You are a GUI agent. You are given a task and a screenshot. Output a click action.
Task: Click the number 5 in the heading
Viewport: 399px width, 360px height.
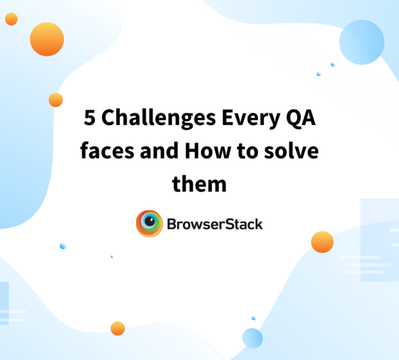point(90,118)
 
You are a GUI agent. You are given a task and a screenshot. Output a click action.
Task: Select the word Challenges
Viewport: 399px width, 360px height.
point(159,118)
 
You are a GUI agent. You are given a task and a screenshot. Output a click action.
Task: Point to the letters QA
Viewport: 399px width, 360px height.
point(301,118)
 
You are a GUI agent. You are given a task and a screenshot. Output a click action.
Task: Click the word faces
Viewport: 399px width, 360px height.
point(107,150)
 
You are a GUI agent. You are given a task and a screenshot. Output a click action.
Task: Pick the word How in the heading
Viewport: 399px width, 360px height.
point(208,151)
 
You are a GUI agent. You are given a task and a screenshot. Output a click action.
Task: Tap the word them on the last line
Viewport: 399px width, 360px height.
point(199,183)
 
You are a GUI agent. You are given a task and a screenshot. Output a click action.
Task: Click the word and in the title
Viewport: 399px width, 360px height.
point(160,150)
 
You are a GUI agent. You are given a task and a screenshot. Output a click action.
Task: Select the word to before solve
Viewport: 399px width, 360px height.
point(248,151)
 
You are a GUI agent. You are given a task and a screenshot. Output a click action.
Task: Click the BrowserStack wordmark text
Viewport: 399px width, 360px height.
point(214,224)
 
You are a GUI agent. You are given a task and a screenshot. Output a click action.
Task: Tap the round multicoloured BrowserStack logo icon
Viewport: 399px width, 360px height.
point(150,224)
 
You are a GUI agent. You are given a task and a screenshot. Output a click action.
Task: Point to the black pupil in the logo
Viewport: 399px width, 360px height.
point(150,220)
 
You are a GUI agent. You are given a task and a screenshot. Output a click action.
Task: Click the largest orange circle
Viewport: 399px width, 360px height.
point(47,39)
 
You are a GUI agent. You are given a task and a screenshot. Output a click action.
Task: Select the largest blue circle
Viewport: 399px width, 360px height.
point(362,42)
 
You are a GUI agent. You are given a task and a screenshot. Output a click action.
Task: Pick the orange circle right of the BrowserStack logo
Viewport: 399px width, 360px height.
point(322,242)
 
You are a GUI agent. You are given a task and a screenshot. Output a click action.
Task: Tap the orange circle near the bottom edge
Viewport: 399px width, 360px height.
point(118,328)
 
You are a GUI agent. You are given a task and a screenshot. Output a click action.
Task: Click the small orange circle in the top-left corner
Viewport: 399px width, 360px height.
point(11,19)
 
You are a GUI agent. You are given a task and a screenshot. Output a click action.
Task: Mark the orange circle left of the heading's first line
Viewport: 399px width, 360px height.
point(55,100)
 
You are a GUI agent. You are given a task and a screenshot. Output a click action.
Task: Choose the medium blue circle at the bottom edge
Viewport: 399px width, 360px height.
point(252,338)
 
